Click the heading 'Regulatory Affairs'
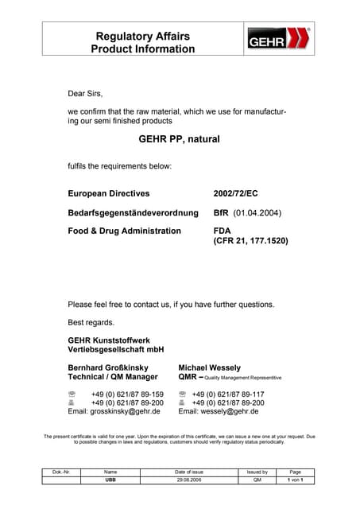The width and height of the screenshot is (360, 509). click(142, 36)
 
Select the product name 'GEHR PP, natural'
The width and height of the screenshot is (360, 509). click(179, 139)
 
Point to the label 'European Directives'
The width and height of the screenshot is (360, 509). click(108, 193)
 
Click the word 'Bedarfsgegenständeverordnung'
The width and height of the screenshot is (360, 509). click(130, 213)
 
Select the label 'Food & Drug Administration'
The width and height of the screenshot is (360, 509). click(124, 231)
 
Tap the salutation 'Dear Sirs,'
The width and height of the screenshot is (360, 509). click(86, 94)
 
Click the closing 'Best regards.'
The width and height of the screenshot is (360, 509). click(91, 322)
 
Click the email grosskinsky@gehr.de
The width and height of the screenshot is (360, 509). click(114, 411)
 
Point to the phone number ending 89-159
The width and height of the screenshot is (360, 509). click(127, 394)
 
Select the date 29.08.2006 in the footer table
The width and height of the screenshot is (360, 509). click(188, 480)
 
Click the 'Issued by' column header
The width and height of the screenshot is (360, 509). click(257, 472)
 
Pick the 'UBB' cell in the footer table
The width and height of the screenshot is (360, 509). click(110, 480)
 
